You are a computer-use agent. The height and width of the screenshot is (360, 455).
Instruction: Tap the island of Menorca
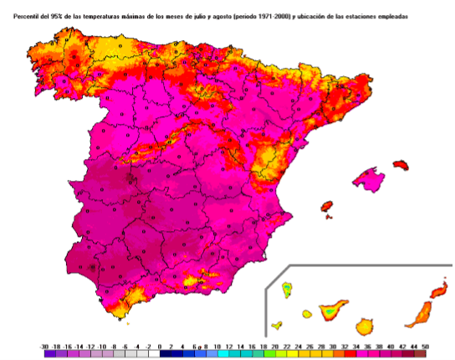tap(400, 166)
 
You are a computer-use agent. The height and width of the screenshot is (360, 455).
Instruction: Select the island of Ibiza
tap(327, 206)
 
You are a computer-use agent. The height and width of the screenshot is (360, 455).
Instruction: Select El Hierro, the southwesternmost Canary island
tap(277, 326)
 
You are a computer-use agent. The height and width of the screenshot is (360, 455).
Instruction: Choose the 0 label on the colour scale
tap(161, 345)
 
